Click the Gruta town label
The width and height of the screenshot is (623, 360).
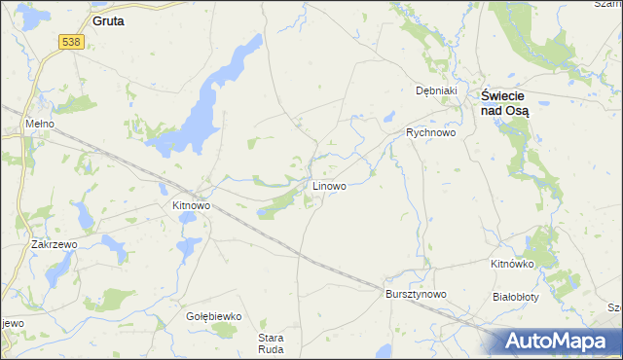pos(107,19)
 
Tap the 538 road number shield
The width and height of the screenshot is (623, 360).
pos(70,42)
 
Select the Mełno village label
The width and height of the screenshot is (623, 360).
pos(41,126)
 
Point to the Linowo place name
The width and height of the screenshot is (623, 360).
pos(328,185)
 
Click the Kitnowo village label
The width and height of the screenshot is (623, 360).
pos(191,205)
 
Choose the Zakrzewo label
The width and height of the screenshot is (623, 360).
pos(54,245)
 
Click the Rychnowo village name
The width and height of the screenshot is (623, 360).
pos(430,132)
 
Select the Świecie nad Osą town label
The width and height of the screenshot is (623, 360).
pos(505,103)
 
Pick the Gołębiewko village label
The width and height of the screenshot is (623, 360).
pos(213,316)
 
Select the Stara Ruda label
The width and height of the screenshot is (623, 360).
pos(270,344)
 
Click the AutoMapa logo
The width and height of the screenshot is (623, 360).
pos(560,342)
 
